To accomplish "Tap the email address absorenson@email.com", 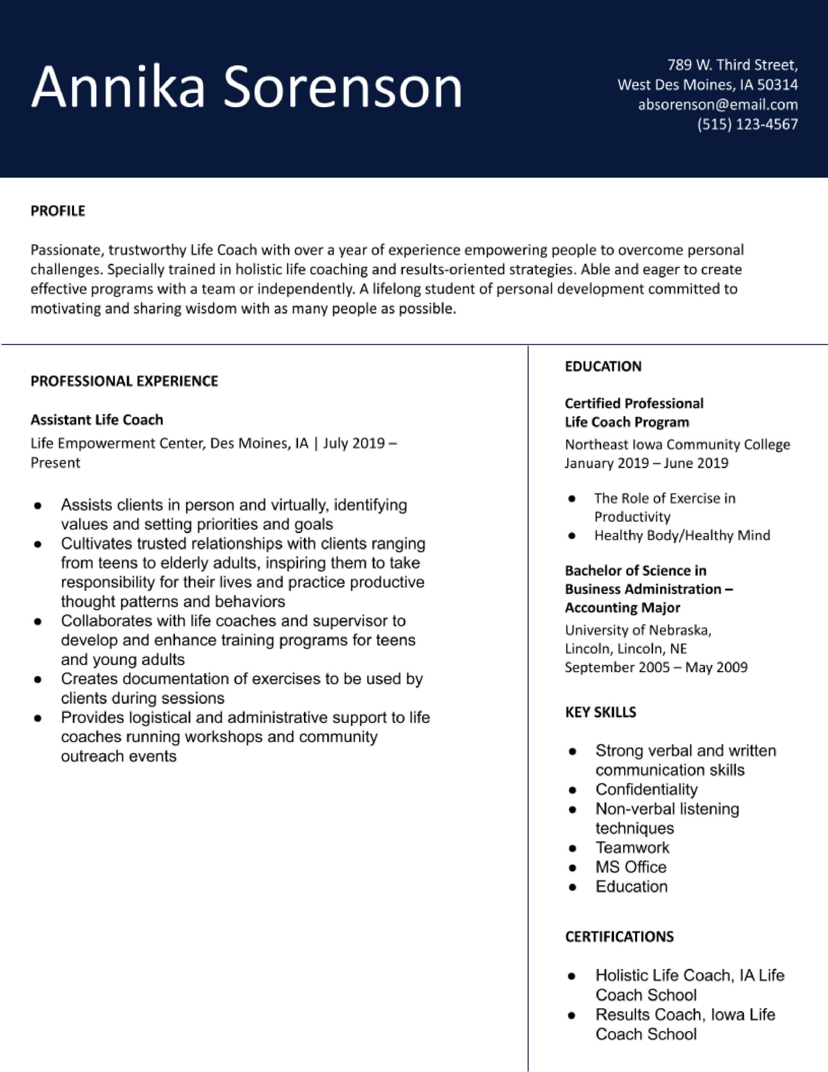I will (x=717, y=105).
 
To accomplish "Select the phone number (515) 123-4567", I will (x=748, y=124).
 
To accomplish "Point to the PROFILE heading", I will (x=58, y=211).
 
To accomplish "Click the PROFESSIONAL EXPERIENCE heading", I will (x=124, y=381).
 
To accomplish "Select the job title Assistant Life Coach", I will (x=97, y=420).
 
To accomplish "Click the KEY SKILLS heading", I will (x=600, y=712).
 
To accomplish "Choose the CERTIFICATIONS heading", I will (x=619, y=936).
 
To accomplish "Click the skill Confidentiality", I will (x=646, y=789).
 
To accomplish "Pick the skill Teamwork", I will (x=632, y=847).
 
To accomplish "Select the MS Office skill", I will (x=631, y=867).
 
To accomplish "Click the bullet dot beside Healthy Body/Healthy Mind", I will (x=571, y=536).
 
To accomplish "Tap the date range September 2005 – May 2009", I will (x=656, y=667).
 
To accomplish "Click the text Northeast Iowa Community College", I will (x=677, y=444).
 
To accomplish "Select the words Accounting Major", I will (x=622, y=608).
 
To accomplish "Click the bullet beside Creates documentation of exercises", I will (x=37, y=680).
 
